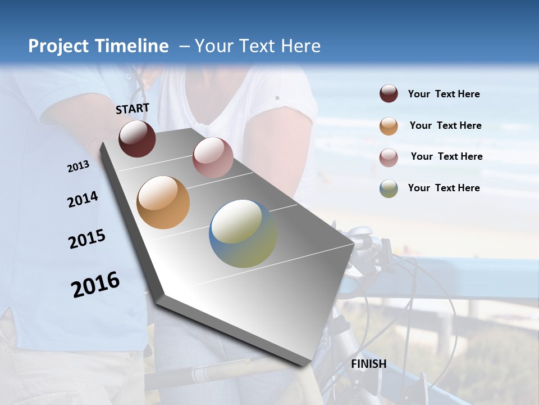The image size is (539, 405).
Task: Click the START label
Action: coord(133,109)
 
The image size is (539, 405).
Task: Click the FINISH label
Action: coord(368,364)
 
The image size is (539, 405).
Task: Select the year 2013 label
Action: coord(78,166)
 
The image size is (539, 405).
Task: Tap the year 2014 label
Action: coord(83,199)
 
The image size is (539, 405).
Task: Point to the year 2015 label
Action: coord(87,239)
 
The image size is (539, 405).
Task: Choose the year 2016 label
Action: coord(95,285)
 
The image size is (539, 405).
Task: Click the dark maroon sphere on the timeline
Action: coord(137,138)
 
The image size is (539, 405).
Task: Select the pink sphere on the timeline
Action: coord(213,157)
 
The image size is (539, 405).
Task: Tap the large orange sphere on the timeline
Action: coord(163,202)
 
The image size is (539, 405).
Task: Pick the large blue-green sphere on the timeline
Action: coord(243,233)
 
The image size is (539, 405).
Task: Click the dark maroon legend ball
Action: coord(389,94)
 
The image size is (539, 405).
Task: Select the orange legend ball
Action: coord(389,126)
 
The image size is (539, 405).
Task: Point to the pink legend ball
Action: coord(389,157)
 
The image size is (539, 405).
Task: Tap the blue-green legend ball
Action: coord(389,188)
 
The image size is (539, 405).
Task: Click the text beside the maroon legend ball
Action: coord(444,94)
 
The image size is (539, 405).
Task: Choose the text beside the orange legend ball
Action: coord(445,125)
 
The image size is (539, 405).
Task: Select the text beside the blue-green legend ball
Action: coord(444,188)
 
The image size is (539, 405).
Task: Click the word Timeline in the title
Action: coord(134,46)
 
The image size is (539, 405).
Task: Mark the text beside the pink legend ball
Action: coord(446,156)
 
